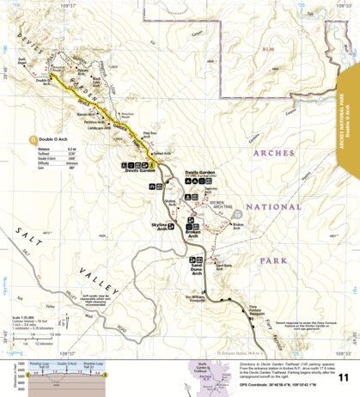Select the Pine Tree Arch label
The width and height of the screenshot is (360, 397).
click(149, 134)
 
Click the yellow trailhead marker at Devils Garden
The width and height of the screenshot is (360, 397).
click(151, 164)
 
